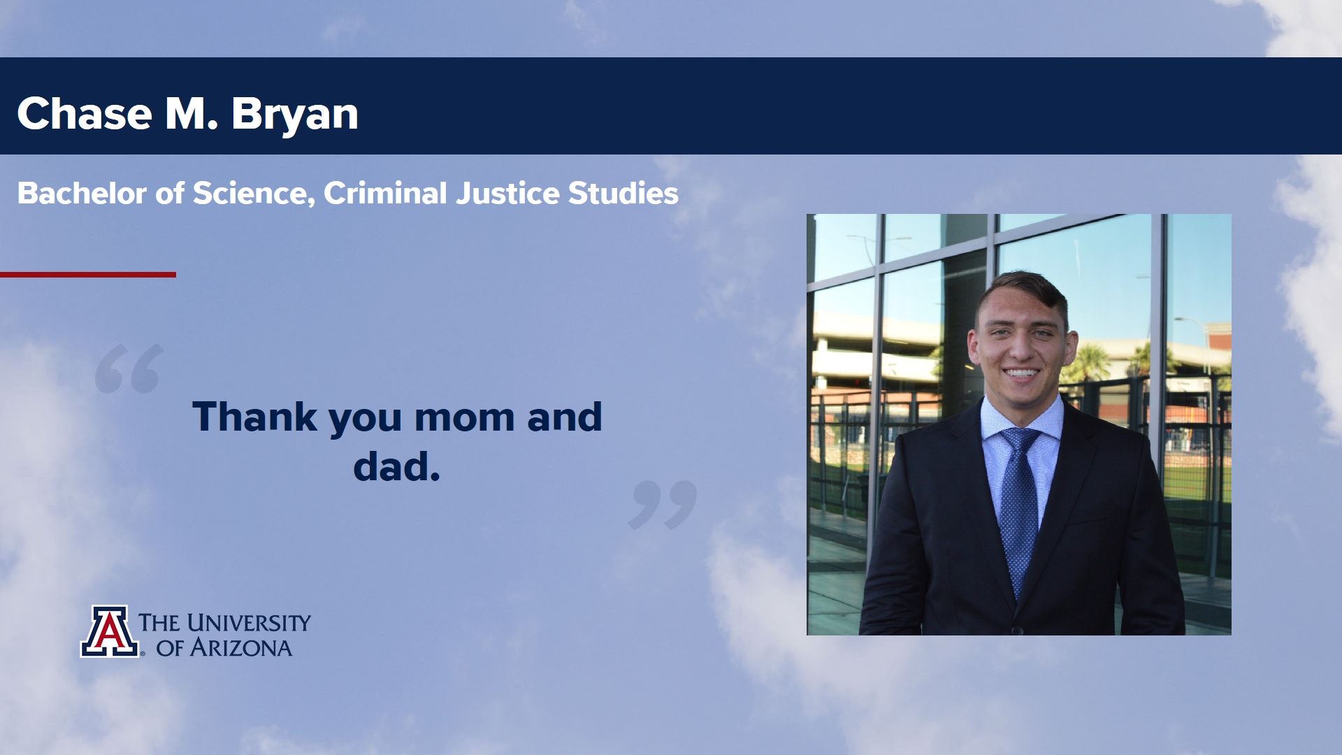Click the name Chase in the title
pyautogui.click(x=85, y=113)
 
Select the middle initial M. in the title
pyautogui.click(x=192, y=113)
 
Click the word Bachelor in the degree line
pyautogui.click(x=82, y=194)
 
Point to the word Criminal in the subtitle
pyautogui.click(x=385, y=194)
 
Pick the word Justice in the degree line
pyautogui.click(x=508, y=194)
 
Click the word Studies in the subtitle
pyautogui.click(x=623, y=194)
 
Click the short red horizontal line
pyautogui.click(x=88, y=275)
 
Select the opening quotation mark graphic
pyautogui.click(x=129, y=368)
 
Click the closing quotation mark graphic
pyautogui.click(x=663, y=505)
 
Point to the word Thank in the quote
pyautogui.click(x=255, y=417)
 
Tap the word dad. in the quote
pyautogui.click(x=397, y=466)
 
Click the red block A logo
pyautogui.click(x=109, y=631)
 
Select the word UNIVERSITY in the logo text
pyautogui.click(x=249, y=622)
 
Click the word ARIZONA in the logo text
pyautogui.click(x=241, y=648)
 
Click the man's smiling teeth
pyautogui.click(x=1021, y=373)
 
